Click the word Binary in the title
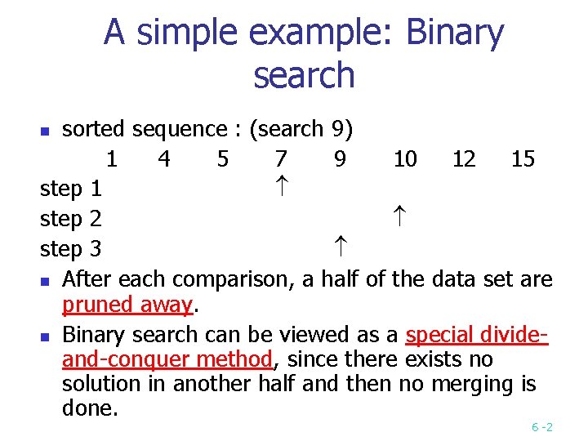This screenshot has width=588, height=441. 454,34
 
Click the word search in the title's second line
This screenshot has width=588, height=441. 304,75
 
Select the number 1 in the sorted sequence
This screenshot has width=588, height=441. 111,158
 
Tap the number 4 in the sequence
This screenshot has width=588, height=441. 164,158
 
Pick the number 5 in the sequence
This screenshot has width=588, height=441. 223,158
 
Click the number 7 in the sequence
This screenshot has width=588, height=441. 281,158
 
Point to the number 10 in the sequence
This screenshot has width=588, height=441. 405,158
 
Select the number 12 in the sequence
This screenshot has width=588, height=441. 464,158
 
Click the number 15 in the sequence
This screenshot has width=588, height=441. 523,158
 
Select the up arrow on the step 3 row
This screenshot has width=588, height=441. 340,247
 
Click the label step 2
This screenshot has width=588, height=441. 71,218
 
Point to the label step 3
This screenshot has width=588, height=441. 71,247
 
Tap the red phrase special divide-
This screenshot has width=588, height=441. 476,335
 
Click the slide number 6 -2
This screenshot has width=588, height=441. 542,427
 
